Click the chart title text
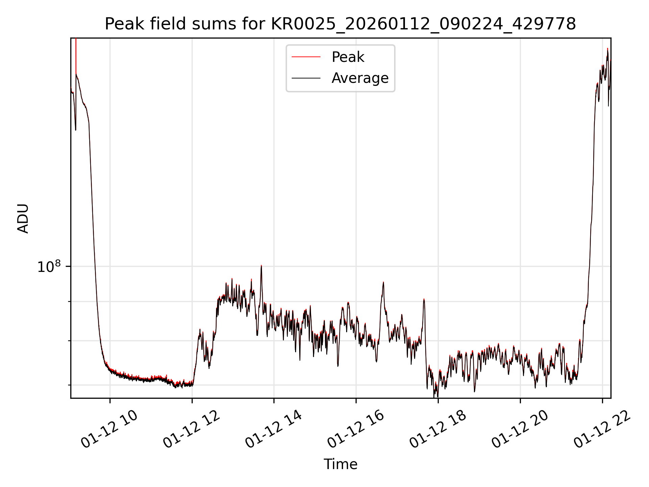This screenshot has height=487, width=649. [x=340, y=24]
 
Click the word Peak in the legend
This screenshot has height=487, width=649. [x=348, y=57]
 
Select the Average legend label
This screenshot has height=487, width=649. [x=360, y=78]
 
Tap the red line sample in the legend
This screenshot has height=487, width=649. [x=306, y=57]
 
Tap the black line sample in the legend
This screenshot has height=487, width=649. [x=306, y=78]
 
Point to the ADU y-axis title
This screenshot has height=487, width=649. [x=23, y=218]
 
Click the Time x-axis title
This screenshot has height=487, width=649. [x=340, y=464]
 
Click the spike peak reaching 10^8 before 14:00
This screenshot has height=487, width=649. [x=261, y=266]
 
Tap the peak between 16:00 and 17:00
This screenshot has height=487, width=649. [x=383, y=282]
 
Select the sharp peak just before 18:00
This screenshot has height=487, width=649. [x=424, y=299]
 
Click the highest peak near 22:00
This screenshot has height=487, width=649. [x=607, y=49]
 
